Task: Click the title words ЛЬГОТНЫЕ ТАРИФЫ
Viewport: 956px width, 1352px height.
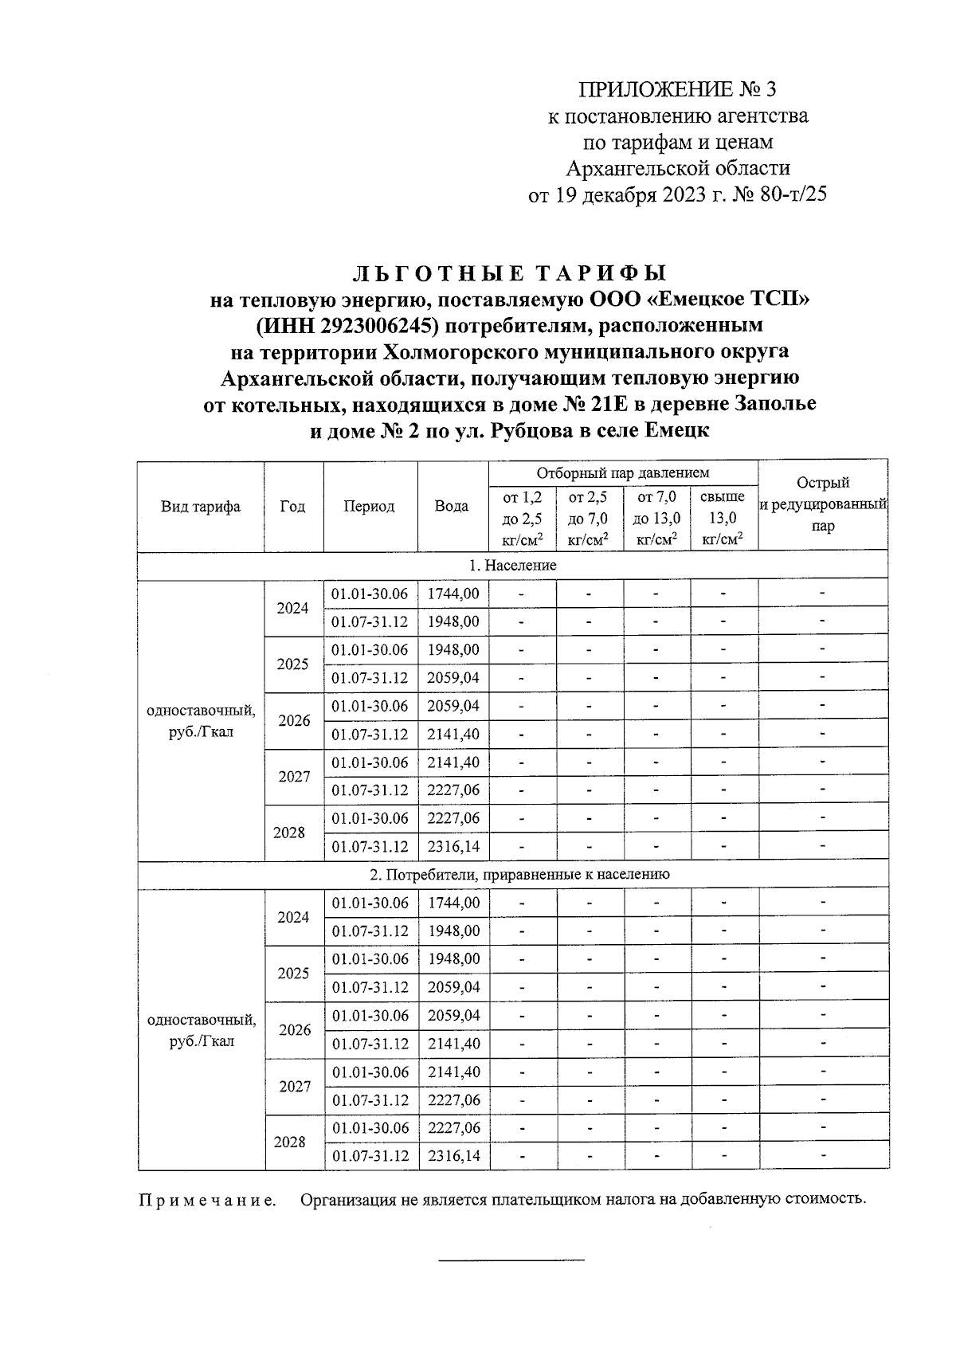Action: tap(509, 274)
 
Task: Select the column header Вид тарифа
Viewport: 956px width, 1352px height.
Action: tap(200, 507)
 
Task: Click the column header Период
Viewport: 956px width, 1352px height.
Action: tap(370, 507)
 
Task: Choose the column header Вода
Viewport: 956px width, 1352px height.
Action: tap(452, 507)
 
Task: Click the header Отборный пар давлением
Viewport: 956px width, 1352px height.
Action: tap(622, 473)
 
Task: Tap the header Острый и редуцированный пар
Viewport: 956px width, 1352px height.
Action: tap(823, 504)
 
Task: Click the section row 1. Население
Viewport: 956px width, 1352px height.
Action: tap(512, 565)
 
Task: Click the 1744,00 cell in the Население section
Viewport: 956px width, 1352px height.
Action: tap(453, 594)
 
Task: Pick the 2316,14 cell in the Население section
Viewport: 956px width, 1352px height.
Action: tap(453, 846)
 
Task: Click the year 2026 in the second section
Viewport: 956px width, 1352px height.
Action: tap(295, 1029)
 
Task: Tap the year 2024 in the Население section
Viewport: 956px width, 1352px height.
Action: tap(292, 608)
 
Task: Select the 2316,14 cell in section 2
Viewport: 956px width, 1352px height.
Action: tap(453, 1156)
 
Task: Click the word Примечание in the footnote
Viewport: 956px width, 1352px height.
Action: tap(208, 1201)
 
